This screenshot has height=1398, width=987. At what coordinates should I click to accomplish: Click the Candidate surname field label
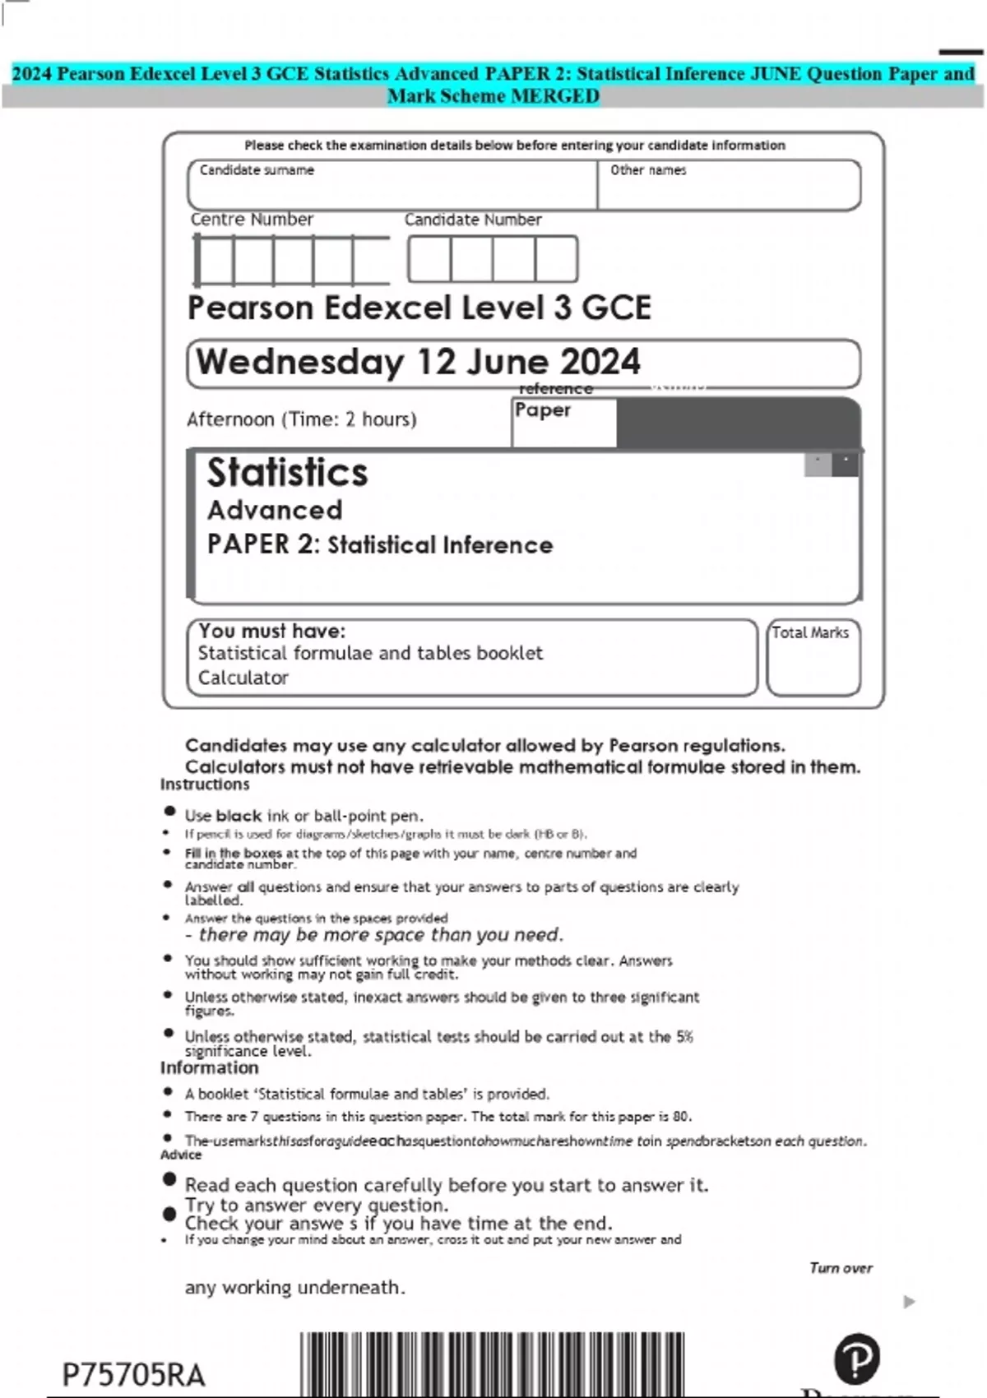(257, 170)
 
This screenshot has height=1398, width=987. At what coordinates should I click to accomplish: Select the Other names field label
(648, 170)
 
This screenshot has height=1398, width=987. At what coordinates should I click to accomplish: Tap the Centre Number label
(252, 220)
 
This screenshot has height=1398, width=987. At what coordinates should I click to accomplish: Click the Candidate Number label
(473, 220)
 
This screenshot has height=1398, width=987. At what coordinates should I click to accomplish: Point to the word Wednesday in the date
(300, 362)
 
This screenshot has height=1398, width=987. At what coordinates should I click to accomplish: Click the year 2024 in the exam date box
(600, 362)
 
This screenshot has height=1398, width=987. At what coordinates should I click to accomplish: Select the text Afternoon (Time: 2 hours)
(302, 419)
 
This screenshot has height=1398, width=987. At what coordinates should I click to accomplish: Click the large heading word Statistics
(287, 473)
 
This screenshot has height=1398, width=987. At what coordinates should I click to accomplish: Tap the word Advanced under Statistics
(275, 510)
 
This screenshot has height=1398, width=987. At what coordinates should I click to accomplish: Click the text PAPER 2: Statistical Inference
(380, 544)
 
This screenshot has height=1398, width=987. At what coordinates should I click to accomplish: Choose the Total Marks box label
(810, 632)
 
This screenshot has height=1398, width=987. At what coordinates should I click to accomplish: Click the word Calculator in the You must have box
(243, 678)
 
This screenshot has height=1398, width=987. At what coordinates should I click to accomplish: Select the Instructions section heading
(205, 785)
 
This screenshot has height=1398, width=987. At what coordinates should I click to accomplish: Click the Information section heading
(209, 1067)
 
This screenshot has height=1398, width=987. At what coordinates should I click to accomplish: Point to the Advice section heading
(181, 1155)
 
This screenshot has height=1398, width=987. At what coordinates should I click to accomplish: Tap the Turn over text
(841, 1268)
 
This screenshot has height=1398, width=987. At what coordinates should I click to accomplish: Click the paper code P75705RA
(133, 1375)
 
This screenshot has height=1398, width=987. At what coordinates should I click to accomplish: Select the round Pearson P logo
(856, 1359)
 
